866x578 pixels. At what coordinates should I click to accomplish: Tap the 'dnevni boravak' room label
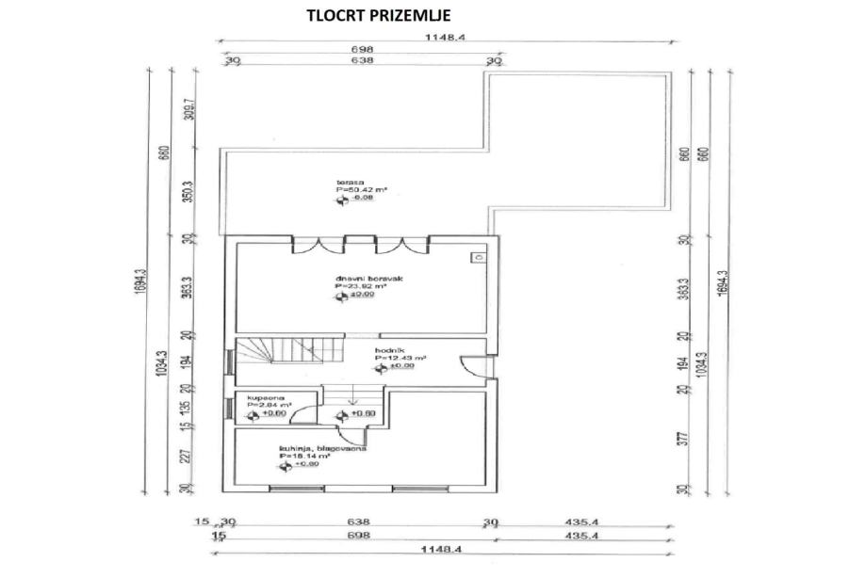(361, 279)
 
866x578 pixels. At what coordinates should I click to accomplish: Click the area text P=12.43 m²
(400, 358)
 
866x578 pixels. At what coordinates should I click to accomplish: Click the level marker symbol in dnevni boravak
(340, 297)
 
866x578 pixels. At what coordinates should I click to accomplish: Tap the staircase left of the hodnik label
(268, 356)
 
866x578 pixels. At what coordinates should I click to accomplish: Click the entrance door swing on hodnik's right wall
(468, 364)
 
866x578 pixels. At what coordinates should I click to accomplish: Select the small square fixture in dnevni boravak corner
(479, 256)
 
